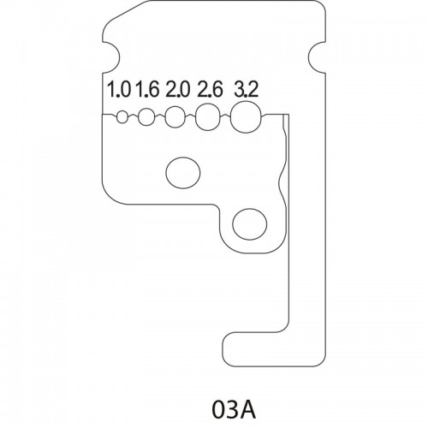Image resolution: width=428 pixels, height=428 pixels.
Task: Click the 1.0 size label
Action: point(118,88)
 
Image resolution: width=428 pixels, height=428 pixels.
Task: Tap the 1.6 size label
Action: point(147,88)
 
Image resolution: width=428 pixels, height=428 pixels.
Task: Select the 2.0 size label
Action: point(177,88)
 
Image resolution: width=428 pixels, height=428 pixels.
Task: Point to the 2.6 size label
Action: point(210,88)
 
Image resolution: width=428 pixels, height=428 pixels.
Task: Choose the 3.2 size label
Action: point(246,88)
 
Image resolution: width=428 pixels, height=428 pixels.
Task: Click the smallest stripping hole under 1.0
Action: point(122,117)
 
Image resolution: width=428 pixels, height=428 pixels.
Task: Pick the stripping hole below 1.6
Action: point(146,116)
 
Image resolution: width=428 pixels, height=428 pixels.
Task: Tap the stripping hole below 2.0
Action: point(175,116)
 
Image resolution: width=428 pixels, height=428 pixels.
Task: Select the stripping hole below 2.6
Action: point(208,116)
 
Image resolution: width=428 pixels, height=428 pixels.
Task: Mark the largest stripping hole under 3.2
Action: point(246,117)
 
